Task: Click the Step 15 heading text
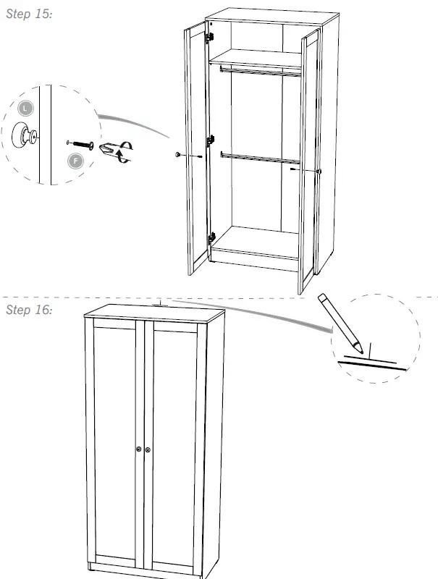point(29,14)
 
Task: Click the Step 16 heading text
point(29,310)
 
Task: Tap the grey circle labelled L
point(26,108)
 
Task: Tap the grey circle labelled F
point(75,160)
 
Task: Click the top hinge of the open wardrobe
point(211,35)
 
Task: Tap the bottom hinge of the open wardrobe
point(211,236)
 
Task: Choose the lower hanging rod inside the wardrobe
point(257,156)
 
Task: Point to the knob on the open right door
point(319,170)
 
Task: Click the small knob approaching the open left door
point(178,155)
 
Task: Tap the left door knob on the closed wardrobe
point(139,449)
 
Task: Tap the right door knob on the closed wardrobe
point(148,449)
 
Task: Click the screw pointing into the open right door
point(293,169)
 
